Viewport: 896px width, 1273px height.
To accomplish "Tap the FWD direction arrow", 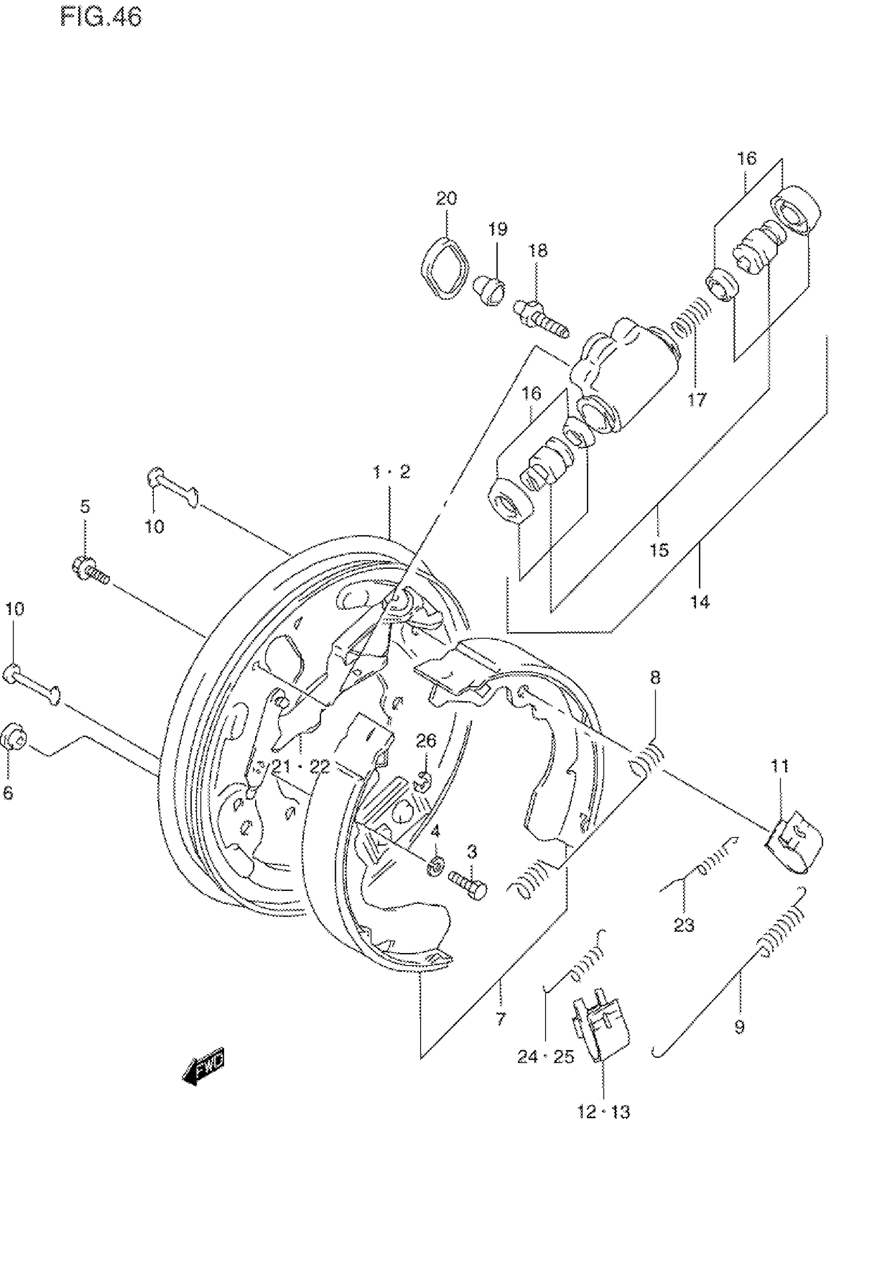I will coord(203,1065).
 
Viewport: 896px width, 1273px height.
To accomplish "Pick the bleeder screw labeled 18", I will coord(541,320).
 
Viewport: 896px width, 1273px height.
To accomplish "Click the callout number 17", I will coord(697,399).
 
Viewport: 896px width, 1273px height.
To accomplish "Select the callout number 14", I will coord(700,601).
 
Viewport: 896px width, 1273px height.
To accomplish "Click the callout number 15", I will coord(659,550).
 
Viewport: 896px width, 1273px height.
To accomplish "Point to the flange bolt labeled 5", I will coord(90,570).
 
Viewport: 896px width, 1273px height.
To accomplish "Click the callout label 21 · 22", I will coord(300,767).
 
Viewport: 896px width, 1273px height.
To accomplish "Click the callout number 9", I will coord(739,1027).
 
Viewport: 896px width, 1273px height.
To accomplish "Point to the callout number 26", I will coord(426,740).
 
